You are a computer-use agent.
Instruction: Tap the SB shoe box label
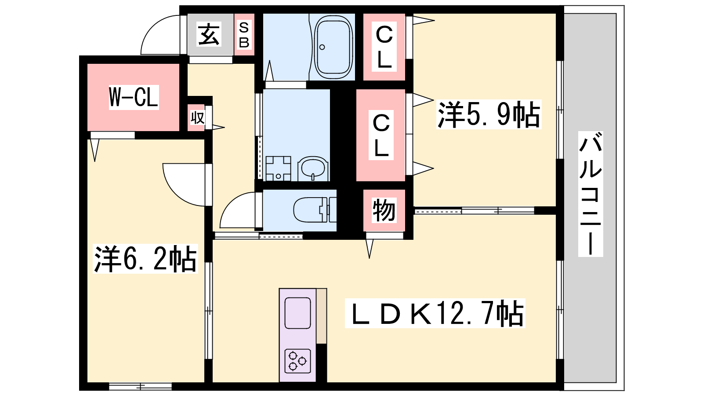244,35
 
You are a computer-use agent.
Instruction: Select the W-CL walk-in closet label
134,97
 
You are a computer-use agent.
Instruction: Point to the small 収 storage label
197,118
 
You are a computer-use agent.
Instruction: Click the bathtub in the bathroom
333,47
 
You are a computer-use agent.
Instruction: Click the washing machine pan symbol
278,169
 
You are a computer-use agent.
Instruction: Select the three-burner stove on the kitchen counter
297,360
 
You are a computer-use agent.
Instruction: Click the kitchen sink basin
297,313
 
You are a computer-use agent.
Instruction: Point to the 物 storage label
384,210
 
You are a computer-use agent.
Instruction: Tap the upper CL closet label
384,47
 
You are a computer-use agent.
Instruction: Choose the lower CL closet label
381,136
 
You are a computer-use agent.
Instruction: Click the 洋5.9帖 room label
489,114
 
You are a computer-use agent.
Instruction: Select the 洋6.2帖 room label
145,259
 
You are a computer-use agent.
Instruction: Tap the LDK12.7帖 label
435,313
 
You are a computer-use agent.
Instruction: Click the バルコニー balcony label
591,194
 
